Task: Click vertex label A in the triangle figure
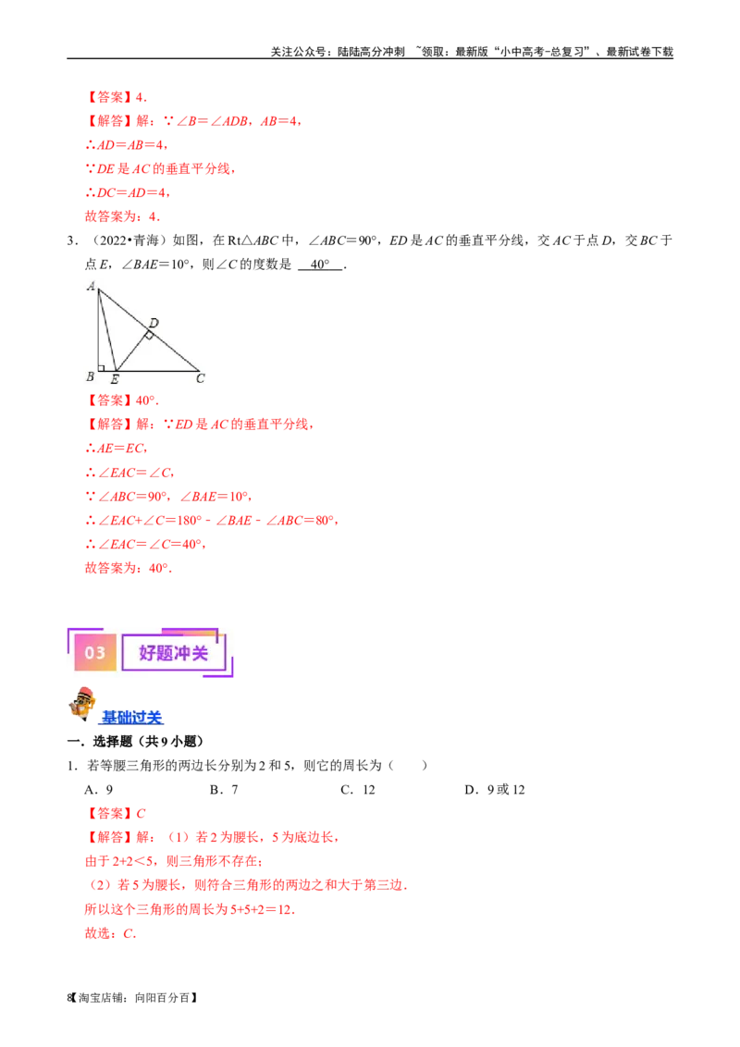coord(92,287)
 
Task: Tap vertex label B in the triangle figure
coord(90,376)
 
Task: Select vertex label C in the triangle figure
coord(200,377)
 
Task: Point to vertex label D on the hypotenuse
coord(154,322)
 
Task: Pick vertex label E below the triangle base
coord(115,379)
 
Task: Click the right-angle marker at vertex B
coord(101,368)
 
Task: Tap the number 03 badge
coord(95,653)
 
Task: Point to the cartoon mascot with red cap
coord(82,704)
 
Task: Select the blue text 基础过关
coord(131,717)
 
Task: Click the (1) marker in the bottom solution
coord(179,838)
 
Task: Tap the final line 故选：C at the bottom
coord(110,934)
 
